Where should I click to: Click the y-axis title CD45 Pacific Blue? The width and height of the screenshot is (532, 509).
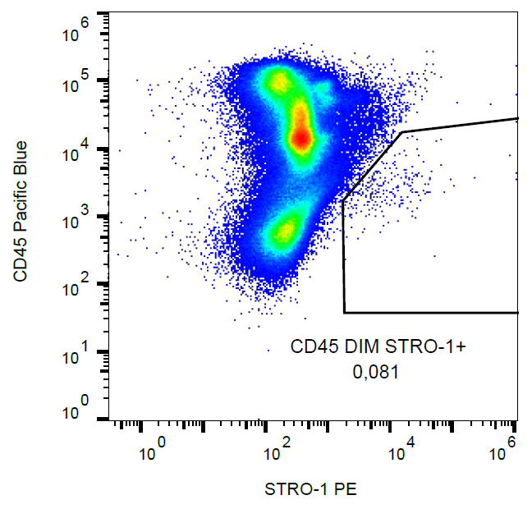click(x=21, y=212)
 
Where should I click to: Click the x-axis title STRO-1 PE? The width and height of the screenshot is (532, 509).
click(x=310, y=490)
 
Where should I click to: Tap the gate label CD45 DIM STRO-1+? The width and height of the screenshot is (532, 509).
click(x=378, y=347)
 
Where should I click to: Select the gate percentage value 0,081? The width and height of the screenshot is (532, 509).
click(x=375, y=372)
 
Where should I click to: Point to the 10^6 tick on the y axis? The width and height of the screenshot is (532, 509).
click(x=77, y=35)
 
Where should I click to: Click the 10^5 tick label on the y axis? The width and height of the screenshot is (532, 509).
click(x=77, y=81)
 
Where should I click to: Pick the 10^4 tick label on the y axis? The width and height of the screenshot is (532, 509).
click(x=77, y=149)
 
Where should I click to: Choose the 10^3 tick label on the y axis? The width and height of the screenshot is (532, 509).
click(x=77, y=218)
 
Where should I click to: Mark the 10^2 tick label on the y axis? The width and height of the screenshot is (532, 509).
click(x=77, y=286)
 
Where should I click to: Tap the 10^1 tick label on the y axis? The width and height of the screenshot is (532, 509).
click(x=77, y=354)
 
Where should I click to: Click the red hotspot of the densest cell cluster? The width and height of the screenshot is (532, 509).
click(x=301, y=137)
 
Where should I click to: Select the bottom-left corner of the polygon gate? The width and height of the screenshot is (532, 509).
click(x=345, y=312)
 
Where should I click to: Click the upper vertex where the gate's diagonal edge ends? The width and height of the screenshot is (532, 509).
click(x=401, y=131)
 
